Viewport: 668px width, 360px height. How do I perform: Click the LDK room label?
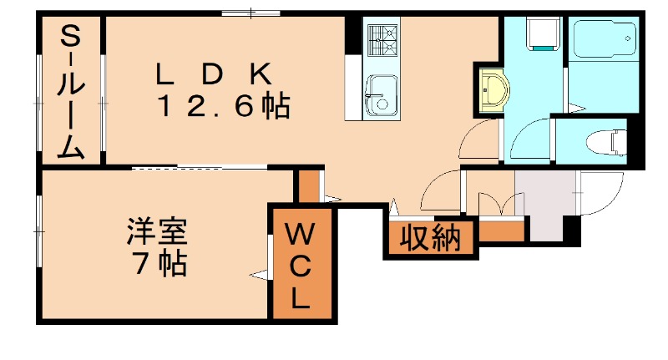[x=214, y=74]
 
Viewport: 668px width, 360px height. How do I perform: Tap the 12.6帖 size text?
[x=225, y=106]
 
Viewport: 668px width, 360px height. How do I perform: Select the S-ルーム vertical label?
[x=71, y=92]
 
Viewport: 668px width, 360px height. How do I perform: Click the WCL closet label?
[x=301, y=266]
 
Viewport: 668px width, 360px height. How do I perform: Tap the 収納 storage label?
[x=430, y=239]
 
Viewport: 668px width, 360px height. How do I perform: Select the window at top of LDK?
[x=251, y=12]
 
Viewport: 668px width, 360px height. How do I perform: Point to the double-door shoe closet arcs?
[x=499, y=204]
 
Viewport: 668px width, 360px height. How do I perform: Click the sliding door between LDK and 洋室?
[x=200, y=168]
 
